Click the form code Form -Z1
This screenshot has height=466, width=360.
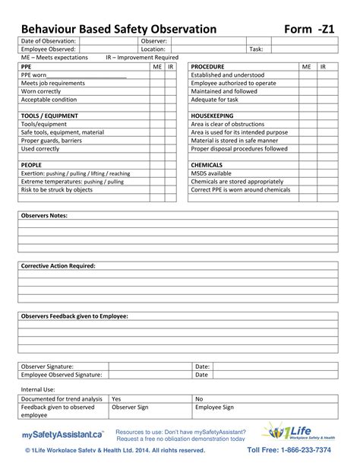311,29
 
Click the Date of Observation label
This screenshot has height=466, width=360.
48,40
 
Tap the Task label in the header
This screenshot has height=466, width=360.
256,49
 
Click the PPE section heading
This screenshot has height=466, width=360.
27,67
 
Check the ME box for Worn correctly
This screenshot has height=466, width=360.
157,91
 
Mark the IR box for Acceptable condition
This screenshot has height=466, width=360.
171,100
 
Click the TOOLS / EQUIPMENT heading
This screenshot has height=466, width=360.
50,116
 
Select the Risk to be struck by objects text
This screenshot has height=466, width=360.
56,190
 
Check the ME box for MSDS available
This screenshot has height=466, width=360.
307,173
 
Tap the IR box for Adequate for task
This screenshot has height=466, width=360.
324,100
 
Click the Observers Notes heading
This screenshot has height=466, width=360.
44,216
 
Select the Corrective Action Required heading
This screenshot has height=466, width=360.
58,266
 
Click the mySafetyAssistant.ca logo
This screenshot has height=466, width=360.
62,435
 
